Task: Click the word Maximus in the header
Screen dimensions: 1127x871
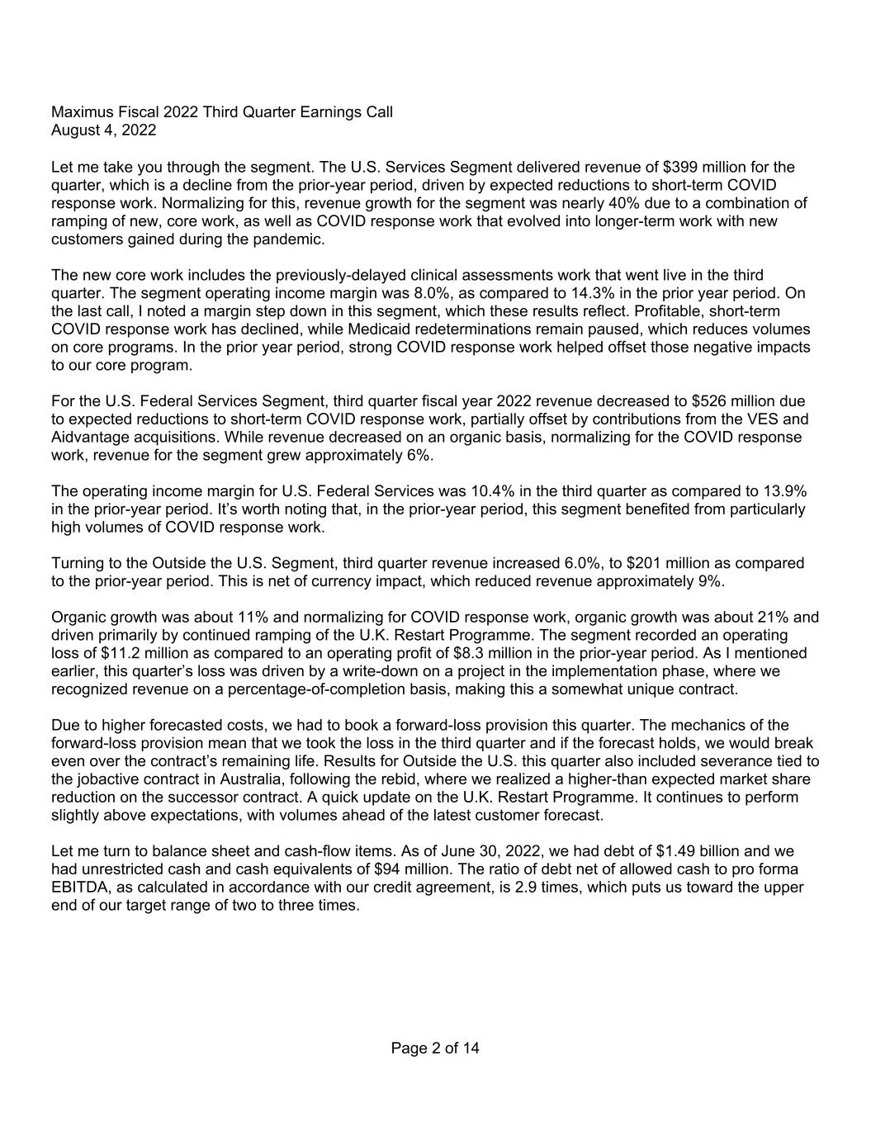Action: click(x=81, y=111)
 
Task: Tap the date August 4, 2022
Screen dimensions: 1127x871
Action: click(x=103, y=130)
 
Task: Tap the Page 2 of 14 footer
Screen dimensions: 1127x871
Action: click(x=435, y=1049)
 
